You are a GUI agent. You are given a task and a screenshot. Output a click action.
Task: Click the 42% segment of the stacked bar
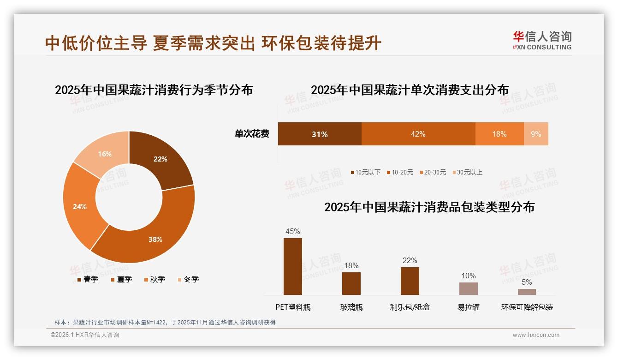(x=418, y=134)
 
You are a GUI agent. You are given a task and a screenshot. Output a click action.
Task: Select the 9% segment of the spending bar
(x=536, y=134)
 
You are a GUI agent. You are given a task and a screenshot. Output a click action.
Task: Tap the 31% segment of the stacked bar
(x=319, y=134)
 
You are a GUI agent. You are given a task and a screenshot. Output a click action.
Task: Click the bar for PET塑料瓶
(x=292, y=266)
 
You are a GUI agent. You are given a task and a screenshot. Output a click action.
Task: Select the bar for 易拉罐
(x=468, y=288)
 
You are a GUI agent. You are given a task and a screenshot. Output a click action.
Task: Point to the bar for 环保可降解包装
(x=527, y=292)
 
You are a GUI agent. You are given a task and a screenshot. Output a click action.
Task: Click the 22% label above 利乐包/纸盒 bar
(x=410, y=260)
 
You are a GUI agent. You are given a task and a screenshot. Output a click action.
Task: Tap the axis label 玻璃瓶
(x=351, y=307)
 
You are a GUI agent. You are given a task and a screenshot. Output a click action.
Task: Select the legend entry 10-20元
(x=401, y=172)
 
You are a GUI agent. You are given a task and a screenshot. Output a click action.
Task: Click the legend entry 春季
(x=87, y=279)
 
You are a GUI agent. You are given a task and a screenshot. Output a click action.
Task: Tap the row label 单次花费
(x=252, y=134)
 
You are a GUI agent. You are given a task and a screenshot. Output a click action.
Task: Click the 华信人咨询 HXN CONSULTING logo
(x=542, y=40)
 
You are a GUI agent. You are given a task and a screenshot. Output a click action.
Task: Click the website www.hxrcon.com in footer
(x=535, y=335)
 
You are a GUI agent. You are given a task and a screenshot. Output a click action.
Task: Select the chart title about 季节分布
(x=154, y=90)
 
